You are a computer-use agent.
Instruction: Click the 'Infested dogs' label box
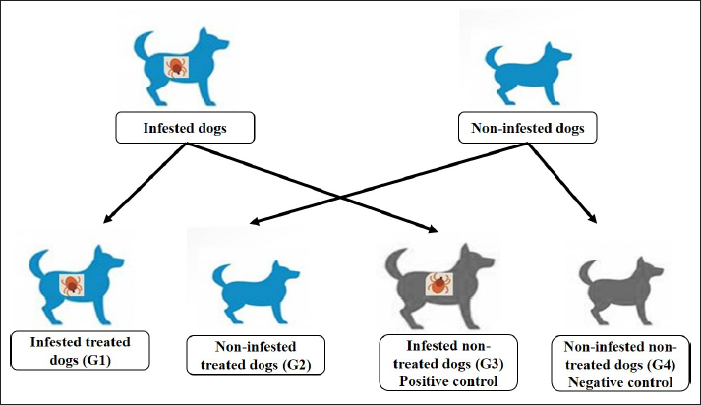click(x=185, y=128)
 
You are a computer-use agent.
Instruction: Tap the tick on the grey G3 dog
click(x=438, y=286)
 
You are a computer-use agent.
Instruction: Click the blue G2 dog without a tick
click(x=254, y=285)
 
